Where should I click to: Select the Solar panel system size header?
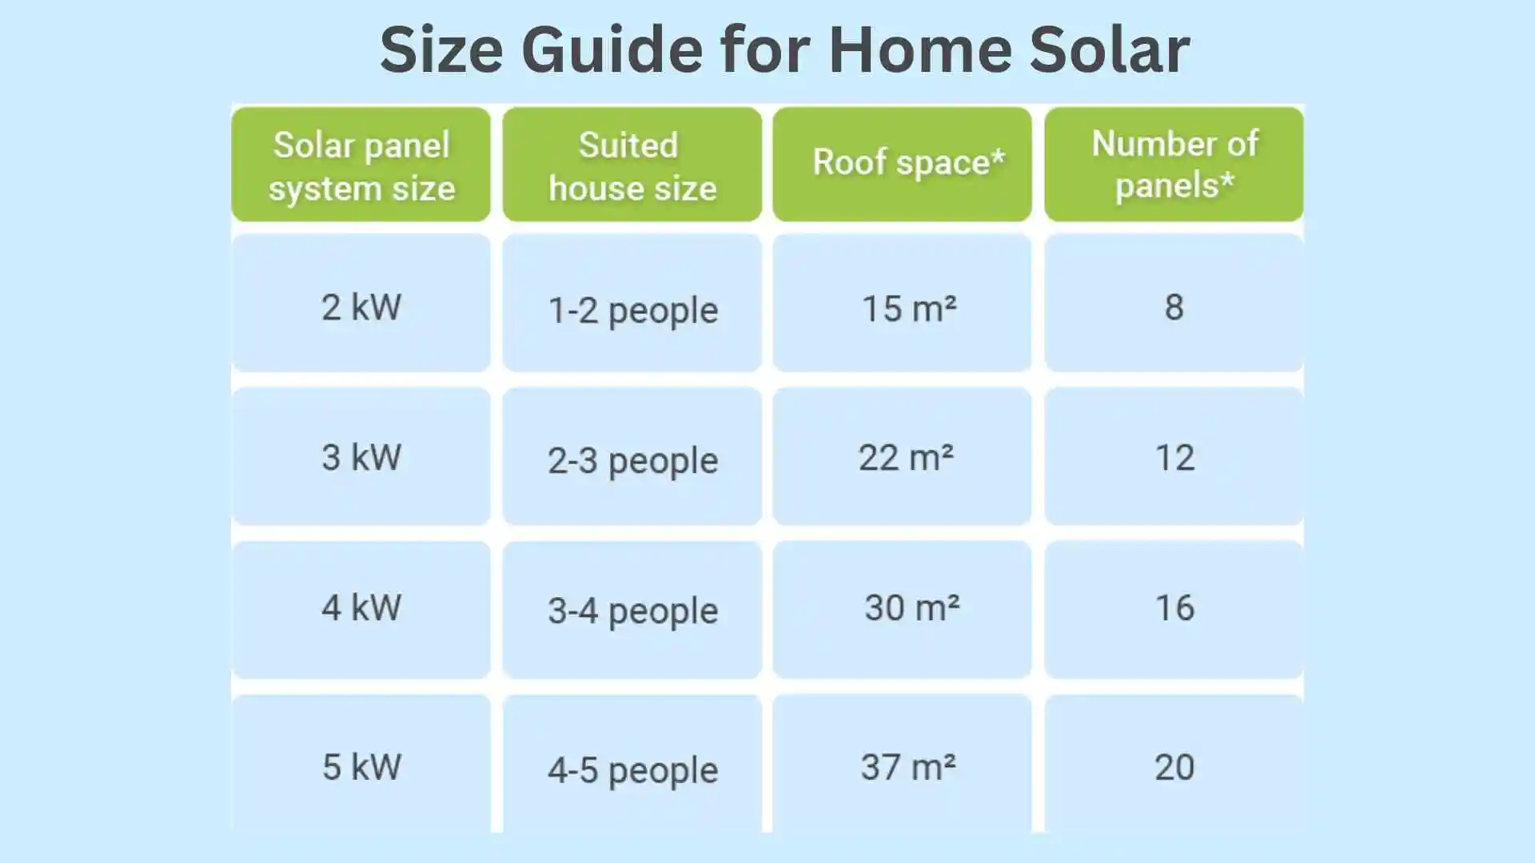click(361, 165)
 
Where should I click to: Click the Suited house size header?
click(632, 165)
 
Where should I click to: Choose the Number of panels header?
click(1174, 164)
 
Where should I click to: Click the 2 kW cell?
click(361, 307)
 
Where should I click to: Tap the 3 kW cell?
click(361, 457)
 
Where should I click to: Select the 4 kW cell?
click(361, 607)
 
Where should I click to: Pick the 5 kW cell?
click(361, 766)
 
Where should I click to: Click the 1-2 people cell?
click(632, 310)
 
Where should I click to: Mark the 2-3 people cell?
click(632, 460)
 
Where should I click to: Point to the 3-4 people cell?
click(632, 610)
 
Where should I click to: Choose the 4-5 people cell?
click(632, 770)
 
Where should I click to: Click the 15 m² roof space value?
click(908, 308)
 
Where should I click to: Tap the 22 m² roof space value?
click(906, 458)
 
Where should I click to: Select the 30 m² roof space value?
click(911, 607)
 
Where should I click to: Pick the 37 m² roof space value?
click(907, 767)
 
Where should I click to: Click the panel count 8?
click(1174, 307)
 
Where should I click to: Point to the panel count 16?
click(1174, 607)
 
